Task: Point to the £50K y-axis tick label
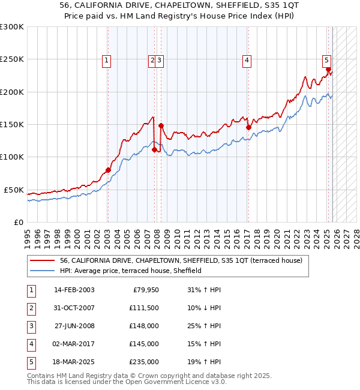tap(13, 190)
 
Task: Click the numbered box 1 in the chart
tap(106, 60)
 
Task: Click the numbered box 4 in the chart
tap(247, 60)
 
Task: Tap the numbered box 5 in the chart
tap(326, 60)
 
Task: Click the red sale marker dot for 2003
tap(108, 170)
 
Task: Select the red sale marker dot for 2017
tap(248, 127)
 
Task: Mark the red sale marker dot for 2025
tap(328, 69)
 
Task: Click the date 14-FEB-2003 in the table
tap(74, 290)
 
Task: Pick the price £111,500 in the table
tap(144, 308)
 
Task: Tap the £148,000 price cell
tap(144, 326)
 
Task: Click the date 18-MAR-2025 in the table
tap(74, 362)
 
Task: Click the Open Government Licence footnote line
tap(127, 382)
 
